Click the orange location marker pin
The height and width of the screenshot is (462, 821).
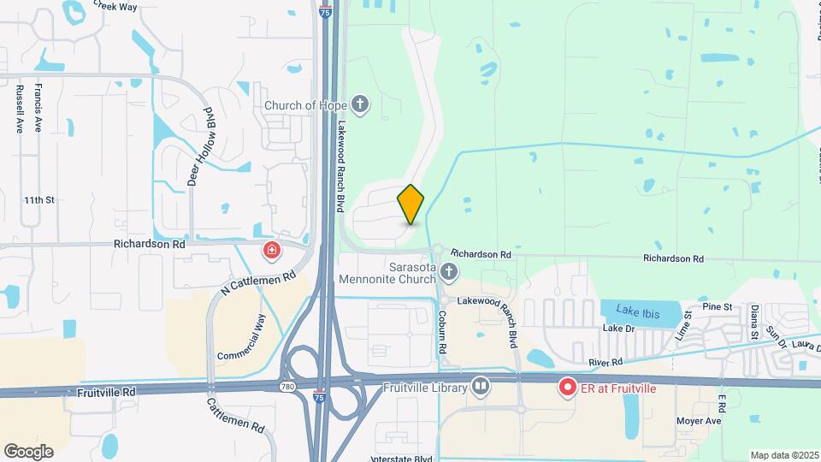[411, 204]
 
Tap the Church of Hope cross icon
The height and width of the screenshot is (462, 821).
[360, 105]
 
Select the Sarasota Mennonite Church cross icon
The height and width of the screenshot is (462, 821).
[449, 272]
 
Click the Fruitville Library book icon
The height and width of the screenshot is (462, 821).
[481, 388]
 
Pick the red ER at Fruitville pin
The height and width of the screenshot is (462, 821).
[567, 388]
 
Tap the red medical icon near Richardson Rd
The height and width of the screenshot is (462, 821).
[270, 250]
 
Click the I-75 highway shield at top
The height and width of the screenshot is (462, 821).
[323, 11]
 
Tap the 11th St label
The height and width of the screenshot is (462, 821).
[39, 200]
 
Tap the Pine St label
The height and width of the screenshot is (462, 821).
[717, 306]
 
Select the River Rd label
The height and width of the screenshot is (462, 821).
[605, 364]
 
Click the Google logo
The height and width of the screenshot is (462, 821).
[28, 451]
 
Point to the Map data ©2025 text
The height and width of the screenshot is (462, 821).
[783, 455]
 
